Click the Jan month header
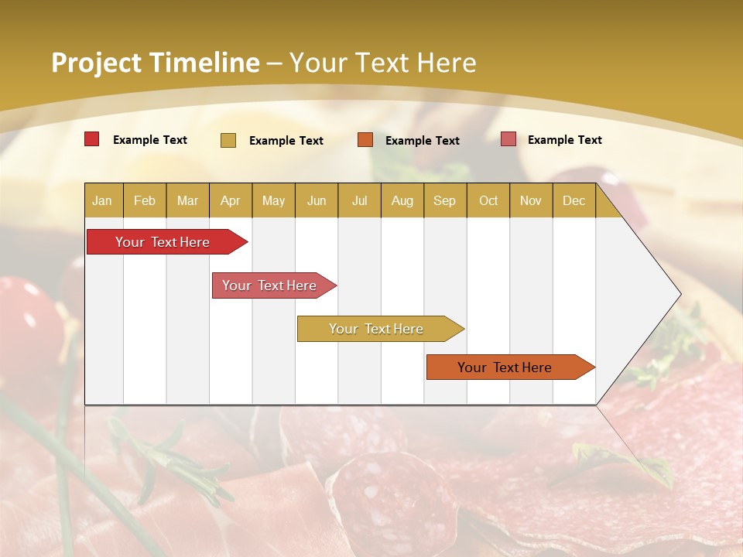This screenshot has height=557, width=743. pyautogui.click(x=102, y=200)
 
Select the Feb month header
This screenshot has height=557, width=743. pyautogui.click(x=145, y=200)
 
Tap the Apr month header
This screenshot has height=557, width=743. pyautogui.click(x=230, y=200)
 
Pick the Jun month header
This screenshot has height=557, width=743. pyautogui.click(x=317, y=200)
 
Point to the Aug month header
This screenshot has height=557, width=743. pyautogui.click(x=402, y=200)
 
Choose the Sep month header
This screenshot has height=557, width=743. pyautogui.click(x=444, y=200)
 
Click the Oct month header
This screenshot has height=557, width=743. pyautogui.click(x=488, y=200)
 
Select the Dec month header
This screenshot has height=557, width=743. pyautogui.click(x=574, y=200)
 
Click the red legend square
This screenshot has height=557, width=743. pyautogui.click(x=91, y=139)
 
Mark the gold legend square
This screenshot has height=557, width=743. pyautogui.click(x=228, y=140)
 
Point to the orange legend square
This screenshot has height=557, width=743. pyautogui.click(x=365, y=140)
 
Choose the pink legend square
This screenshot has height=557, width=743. pyautogui.click(x=508, y=139)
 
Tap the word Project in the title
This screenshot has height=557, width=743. pyautogui.click(x=96, y=63)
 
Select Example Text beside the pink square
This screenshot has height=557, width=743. pyautogui.click(x=564, y=140)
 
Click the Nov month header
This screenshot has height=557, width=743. pyautogui.click(x=530, y=200)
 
